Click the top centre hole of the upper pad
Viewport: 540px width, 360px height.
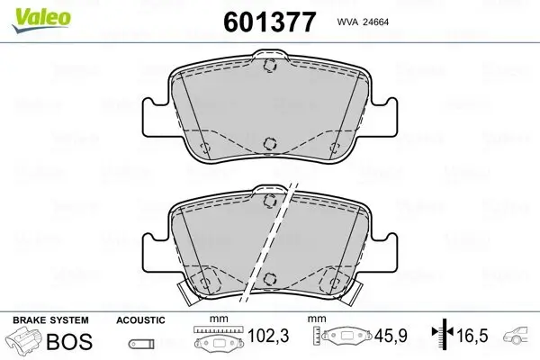click(268, 65)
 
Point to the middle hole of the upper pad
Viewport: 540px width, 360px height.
click(268, 143)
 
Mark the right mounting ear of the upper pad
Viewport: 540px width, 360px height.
click(383, 114)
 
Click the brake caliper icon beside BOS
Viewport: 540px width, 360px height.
click(24, 342)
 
